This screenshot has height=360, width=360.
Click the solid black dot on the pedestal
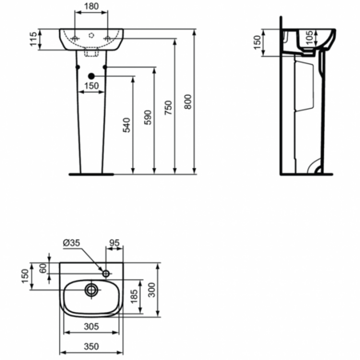click(x=106, y=77)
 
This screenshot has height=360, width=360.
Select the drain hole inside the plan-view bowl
click(x=91, y=289)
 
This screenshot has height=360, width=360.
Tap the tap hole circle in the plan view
click(x=103, y=267)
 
